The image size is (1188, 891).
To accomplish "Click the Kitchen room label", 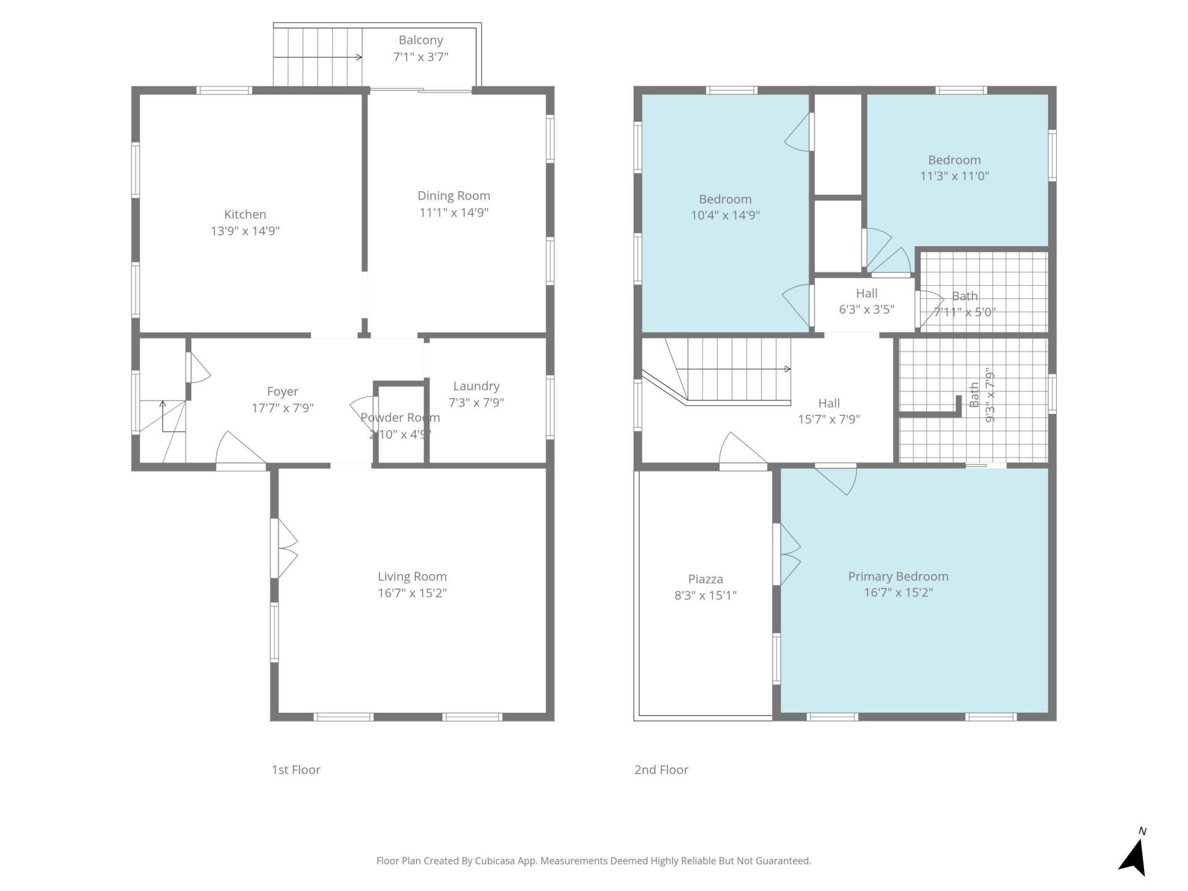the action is (245, 215).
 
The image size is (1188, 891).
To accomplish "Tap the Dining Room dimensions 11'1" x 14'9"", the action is (454, 212).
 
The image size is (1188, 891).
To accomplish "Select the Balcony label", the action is (421, 40).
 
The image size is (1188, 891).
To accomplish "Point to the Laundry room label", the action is (476, 386).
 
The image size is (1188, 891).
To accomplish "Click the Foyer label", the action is (283, 392).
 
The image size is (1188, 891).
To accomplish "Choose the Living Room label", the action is (412, 577).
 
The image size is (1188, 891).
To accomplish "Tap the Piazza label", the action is (705, 579).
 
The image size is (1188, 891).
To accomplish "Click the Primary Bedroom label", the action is (898, 577).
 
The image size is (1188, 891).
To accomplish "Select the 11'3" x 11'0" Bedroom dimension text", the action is (954, 176).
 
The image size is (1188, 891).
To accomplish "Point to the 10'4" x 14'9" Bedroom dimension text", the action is (725, 215).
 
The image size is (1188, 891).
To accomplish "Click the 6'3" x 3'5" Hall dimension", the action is (866, 309).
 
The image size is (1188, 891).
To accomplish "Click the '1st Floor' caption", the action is (296, 770).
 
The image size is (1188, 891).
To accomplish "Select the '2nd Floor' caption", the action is (661, 770).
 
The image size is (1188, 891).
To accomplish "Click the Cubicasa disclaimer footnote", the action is (593, 861).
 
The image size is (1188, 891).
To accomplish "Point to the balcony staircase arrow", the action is (317, 58).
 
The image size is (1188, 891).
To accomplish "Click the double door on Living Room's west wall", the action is (284, 548).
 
